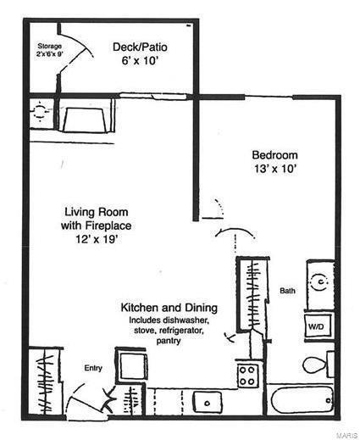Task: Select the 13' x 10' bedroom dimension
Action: click(275, 169)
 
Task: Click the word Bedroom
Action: click(275, 155)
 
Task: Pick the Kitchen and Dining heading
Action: click(169, 307)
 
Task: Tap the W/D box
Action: click(316, 326)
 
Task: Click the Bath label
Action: click(287, 291)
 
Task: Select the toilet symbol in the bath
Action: click(316, 365)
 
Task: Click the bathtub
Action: click(301, 399)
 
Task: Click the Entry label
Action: click(92, 367)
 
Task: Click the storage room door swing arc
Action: click(78, 53)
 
